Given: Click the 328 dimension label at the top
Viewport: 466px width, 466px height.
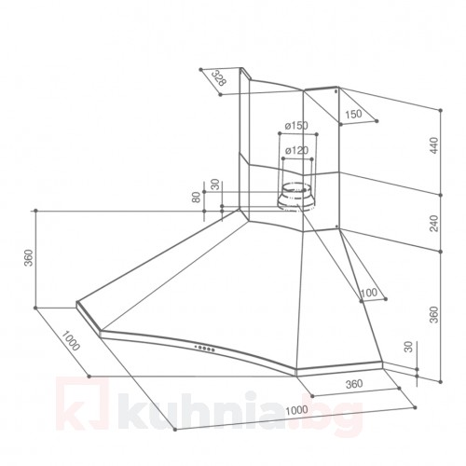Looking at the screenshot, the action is click(219, 77).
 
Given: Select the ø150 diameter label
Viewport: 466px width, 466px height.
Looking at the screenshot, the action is click(296, 126).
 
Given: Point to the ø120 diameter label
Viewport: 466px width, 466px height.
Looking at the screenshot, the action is click(296, 151).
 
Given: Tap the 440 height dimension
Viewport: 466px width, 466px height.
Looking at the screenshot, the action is click(434, 145).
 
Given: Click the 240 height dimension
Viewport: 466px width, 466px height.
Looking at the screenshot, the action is click(434, 223).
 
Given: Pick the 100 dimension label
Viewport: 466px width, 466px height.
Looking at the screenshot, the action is click(369, 293).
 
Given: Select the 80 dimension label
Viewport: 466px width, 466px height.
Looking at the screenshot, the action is click(197, 198).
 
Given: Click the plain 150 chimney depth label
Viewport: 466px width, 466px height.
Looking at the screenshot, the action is click(353, 114).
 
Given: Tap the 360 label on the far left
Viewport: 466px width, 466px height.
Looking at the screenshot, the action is click(28, 258).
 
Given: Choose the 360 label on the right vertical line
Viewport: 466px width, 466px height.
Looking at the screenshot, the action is click(434, 314).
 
